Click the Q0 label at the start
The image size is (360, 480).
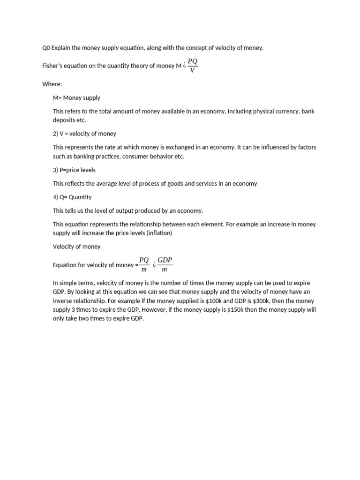coord(46,48)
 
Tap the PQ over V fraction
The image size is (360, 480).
coord(193,66)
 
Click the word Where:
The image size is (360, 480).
coord(52,84)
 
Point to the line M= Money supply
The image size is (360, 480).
coord(76,98)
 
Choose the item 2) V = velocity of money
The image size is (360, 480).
coord(84,134)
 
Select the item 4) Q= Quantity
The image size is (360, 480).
coord(72,197)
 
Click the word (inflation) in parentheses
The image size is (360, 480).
coord(157,233)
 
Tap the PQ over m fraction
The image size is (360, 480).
coord(144,264)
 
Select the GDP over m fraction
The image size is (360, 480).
coord(165,264)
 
